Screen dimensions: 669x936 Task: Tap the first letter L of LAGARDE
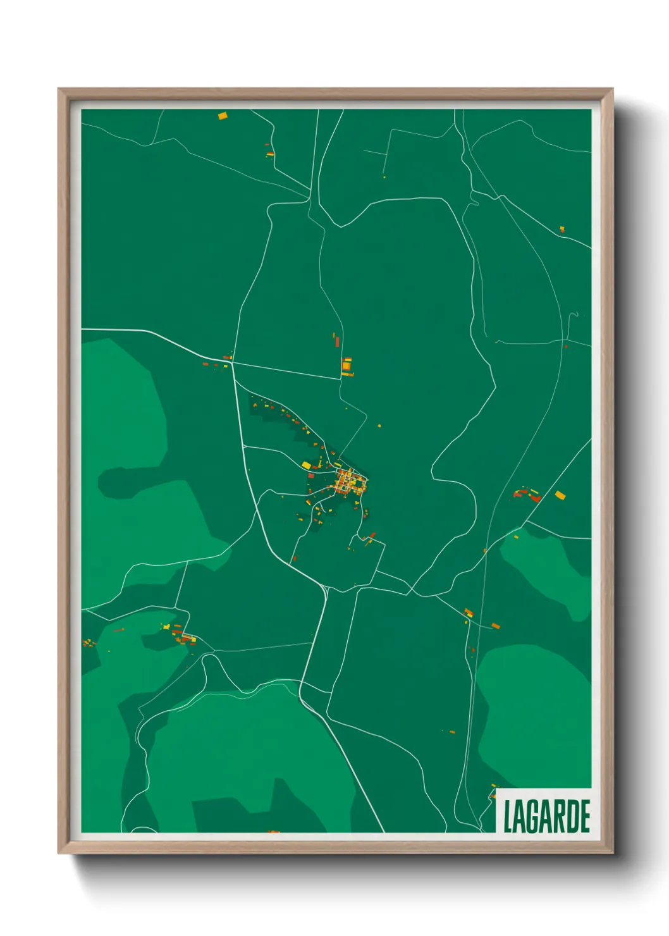point(507,816)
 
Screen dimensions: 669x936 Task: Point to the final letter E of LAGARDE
point(586,816)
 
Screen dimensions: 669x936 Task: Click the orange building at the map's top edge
point(222,116)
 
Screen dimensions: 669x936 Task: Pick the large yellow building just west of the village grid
point(306,465)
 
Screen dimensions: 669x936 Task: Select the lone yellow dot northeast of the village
point(379,426)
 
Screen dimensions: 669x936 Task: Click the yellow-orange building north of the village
point(347,366)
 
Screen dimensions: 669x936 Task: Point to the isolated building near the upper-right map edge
point(562,229)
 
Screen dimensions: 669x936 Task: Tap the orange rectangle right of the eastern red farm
point(560,495)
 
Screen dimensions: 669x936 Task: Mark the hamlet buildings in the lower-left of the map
point(180,634)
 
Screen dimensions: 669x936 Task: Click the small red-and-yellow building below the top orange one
point(270,153)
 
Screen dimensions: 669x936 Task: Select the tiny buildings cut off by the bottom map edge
point(273,832)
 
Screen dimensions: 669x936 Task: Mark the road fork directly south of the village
point(326,588)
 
